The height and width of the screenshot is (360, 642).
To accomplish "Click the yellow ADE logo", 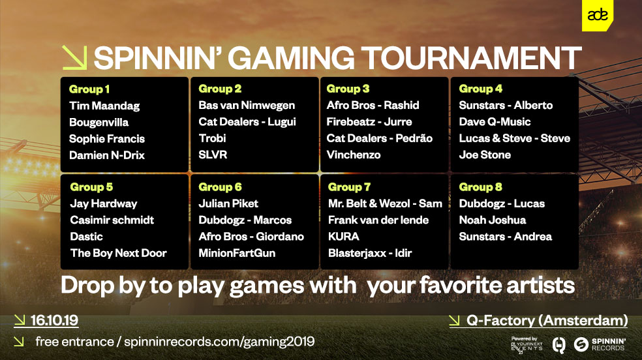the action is [598, 16].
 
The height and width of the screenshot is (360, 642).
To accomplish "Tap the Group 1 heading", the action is [89, 89].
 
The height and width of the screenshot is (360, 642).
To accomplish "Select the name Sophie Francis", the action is [107, 139].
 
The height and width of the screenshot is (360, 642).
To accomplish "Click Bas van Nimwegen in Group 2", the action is [247, 105].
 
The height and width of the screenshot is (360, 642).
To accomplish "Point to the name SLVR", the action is [213, 155].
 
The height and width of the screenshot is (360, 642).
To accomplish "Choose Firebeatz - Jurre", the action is [369, 121].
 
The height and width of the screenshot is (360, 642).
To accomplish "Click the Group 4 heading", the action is [481, 89].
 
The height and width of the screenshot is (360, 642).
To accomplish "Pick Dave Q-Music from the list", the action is [495, 121].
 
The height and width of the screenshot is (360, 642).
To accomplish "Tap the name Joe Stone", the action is [485, 155].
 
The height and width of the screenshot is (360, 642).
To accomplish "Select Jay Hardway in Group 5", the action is [104, 203].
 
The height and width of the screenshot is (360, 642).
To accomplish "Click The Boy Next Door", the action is [118, 253].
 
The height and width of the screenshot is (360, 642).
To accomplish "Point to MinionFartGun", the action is [237, 253].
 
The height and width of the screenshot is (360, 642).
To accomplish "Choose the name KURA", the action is [344, 237].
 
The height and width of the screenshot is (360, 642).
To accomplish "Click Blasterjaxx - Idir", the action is [370, 253].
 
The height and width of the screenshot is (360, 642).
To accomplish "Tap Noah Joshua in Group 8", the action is [493, 220].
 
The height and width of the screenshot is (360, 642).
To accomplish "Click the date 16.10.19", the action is [54, 320].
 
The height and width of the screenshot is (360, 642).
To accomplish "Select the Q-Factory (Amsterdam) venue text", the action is [547, 320].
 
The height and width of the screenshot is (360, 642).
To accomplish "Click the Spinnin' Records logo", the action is [600, 344].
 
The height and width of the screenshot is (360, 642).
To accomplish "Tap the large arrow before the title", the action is [74, 57].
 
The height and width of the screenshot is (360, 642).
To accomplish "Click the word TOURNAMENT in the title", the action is [471, 57].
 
